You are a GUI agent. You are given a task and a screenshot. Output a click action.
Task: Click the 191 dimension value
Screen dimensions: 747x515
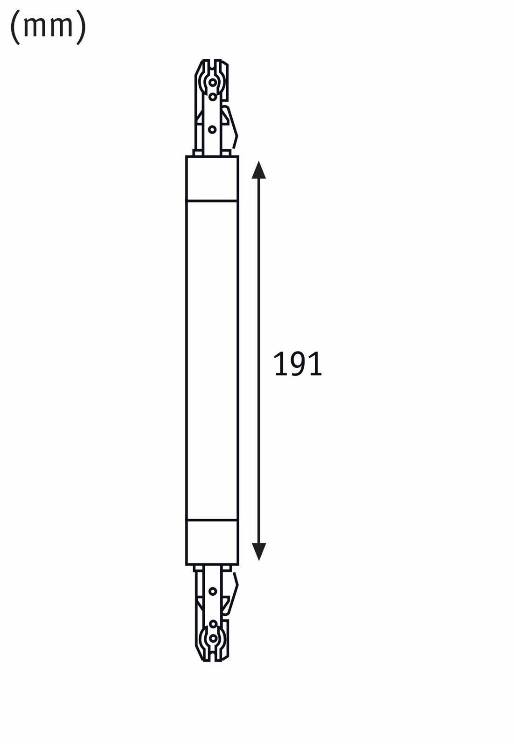(x=298, y=364)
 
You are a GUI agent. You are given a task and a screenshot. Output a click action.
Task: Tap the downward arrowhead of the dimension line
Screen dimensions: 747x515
(x=258, y=551)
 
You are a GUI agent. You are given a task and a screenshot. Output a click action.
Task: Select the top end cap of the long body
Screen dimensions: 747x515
(x=212, y=179)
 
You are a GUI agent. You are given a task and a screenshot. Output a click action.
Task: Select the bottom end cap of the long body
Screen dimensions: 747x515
(x=212, y=542)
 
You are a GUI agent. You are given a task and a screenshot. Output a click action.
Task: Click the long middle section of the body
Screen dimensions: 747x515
(x=212, y=359)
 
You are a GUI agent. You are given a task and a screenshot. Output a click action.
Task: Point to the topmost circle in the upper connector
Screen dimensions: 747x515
(x=213, y=83)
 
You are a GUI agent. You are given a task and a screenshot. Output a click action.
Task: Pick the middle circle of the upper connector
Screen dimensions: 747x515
(x=213, y=97)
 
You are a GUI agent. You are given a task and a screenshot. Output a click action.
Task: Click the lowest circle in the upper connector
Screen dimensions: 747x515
(x=213, y=129)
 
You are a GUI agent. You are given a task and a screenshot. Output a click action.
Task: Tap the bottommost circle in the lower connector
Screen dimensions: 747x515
(x=213, y=638)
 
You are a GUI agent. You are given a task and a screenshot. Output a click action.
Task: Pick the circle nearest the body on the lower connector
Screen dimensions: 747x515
(x=213, y=591)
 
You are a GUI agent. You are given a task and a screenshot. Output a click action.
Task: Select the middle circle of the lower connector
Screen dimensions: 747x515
(x=213, y=624)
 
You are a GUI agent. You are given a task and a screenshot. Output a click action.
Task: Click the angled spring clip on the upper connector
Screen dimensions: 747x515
(x=232, y=125)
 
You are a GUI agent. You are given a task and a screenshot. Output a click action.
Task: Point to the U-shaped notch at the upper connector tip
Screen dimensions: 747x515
(x=213, y=65)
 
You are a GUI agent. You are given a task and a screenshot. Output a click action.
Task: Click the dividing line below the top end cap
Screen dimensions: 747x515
(x=212, y=201)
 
